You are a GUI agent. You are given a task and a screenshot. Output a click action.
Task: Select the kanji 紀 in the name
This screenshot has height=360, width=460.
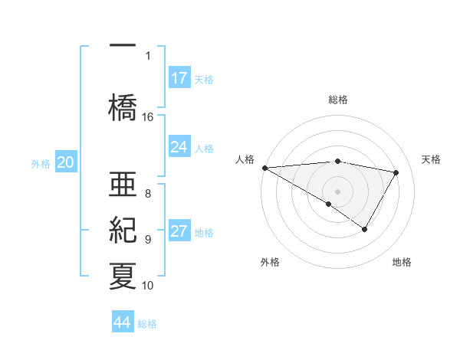[123, 229]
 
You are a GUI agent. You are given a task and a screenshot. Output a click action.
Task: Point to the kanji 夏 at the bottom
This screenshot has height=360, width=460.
[123, 275]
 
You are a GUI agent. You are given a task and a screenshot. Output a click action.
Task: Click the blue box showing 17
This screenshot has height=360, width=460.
[179, 77]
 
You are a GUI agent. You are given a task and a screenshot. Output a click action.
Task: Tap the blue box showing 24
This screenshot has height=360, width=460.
[179, 147]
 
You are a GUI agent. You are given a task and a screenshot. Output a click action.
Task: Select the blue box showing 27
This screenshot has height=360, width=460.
[179, 232]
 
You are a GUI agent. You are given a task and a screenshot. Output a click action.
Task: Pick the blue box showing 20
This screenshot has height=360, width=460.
[66, 162]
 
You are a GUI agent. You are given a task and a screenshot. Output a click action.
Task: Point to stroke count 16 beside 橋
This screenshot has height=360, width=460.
[148, 117]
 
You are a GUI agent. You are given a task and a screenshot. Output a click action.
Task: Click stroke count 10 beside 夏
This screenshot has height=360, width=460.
[148, 286]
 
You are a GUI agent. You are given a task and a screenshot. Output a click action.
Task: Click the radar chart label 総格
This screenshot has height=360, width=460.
[338, 100]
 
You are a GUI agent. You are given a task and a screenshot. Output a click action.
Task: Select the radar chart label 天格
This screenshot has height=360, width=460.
[432, 159]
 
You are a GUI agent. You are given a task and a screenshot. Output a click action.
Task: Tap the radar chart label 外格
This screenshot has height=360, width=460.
[270, 262]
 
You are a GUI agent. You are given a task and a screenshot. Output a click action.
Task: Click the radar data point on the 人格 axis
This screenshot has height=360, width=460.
[264, 167]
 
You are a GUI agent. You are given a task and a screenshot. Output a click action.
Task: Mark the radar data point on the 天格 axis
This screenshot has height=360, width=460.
[396, 172]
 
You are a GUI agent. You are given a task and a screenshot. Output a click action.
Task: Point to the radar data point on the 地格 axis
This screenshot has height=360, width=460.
[365, 229]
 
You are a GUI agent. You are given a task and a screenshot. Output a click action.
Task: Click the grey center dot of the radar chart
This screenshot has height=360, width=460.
[337, 191]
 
